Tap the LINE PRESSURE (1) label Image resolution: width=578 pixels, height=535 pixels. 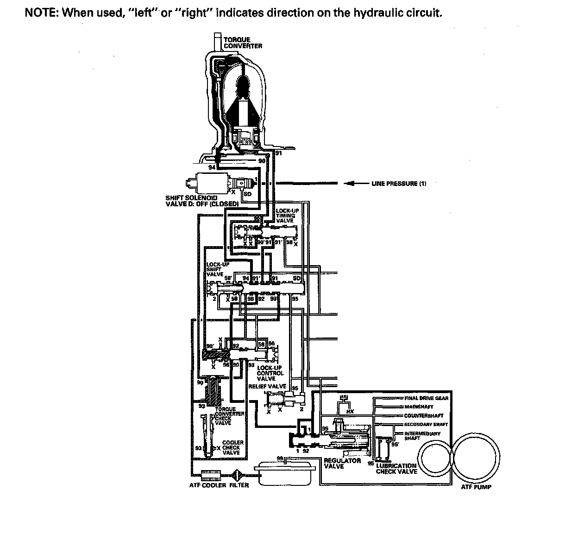tap(399, 184)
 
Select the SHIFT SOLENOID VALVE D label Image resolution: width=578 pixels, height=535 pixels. tap(201, 201)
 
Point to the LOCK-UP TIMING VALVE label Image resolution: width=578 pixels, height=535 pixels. tap(287, 216)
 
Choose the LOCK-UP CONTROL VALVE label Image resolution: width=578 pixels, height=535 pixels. tap(270, 373)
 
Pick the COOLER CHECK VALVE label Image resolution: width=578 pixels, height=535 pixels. tap(232, 447)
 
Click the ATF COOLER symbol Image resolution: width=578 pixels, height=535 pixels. tap(210, 474)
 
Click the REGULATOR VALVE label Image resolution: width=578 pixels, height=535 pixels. tap(342, 463)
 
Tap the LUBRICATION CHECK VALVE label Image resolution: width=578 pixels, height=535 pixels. tap(396, 469)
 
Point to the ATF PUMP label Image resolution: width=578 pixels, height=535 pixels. tap(476, 487)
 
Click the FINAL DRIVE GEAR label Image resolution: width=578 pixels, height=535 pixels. tap(426, 398)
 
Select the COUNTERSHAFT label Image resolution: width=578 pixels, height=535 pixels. tap(423, 415)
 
